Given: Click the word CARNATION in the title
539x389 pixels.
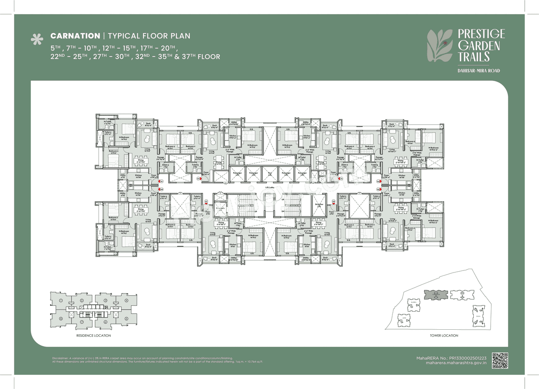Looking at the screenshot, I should click(x=74, y=36).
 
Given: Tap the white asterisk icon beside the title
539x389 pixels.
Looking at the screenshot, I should click(x=37, y=40).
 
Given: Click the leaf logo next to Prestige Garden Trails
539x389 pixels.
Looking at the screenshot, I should click(x=440, y=45).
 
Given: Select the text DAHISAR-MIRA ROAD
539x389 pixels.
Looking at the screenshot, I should click(x=479, y=71).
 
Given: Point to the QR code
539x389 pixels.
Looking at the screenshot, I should click(x=500, y=360).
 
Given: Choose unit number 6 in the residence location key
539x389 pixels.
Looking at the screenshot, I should click(x=106, y=322).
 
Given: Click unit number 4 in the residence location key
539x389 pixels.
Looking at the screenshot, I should click(x=126, y=300).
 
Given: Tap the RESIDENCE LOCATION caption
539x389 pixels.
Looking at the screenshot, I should click(x=93, y=336).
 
